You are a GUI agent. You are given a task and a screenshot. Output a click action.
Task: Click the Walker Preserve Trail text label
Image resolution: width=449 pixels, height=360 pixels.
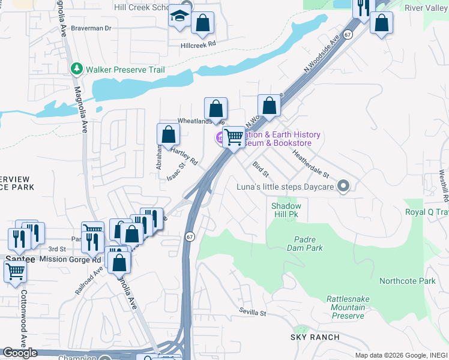(x=125, y=70)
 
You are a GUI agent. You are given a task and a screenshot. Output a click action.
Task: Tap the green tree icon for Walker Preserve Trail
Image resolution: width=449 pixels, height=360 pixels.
(x=76, y=70)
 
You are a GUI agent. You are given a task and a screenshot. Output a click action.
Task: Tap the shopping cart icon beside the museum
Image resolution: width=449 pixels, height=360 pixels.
(x=234, y=137)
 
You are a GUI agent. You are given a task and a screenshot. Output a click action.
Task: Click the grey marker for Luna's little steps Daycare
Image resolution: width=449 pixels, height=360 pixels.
(x=343, y=186)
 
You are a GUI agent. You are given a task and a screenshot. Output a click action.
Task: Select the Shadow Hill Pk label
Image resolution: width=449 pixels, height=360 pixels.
(x=286, y=209)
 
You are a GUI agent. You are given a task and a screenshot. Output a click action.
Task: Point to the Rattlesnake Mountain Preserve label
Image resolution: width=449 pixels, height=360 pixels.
(x=345, y=307)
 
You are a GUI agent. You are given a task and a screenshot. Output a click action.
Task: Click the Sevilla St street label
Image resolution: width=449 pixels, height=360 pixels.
(x=252, y=313)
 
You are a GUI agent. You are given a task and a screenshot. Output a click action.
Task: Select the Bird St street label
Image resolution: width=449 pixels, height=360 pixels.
(x=261, y=169)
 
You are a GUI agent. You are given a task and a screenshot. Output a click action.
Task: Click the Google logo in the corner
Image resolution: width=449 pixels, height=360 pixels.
(x=20, y=353)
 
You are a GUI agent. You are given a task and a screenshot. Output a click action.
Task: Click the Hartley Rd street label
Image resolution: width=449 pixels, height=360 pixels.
(x=186, y=158)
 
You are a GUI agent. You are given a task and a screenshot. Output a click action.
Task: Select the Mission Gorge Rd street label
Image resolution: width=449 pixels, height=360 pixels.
(x=70, y=260)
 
